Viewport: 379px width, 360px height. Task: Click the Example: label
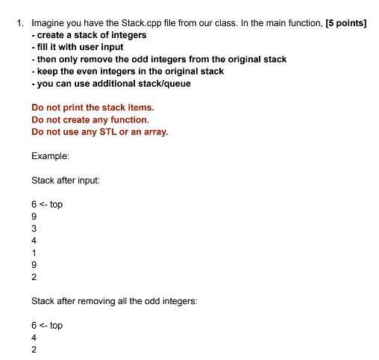51,156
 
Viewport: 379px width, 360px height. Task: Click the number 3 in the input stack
34,228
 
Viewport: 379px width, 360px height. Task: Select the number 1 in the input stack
34,252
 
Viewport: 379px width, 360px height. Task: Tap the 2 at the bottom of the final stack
34,349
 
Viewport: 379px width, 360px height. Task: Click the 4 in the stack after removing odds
34,337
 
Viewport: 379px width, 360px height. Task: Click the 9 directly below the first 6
34,216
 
